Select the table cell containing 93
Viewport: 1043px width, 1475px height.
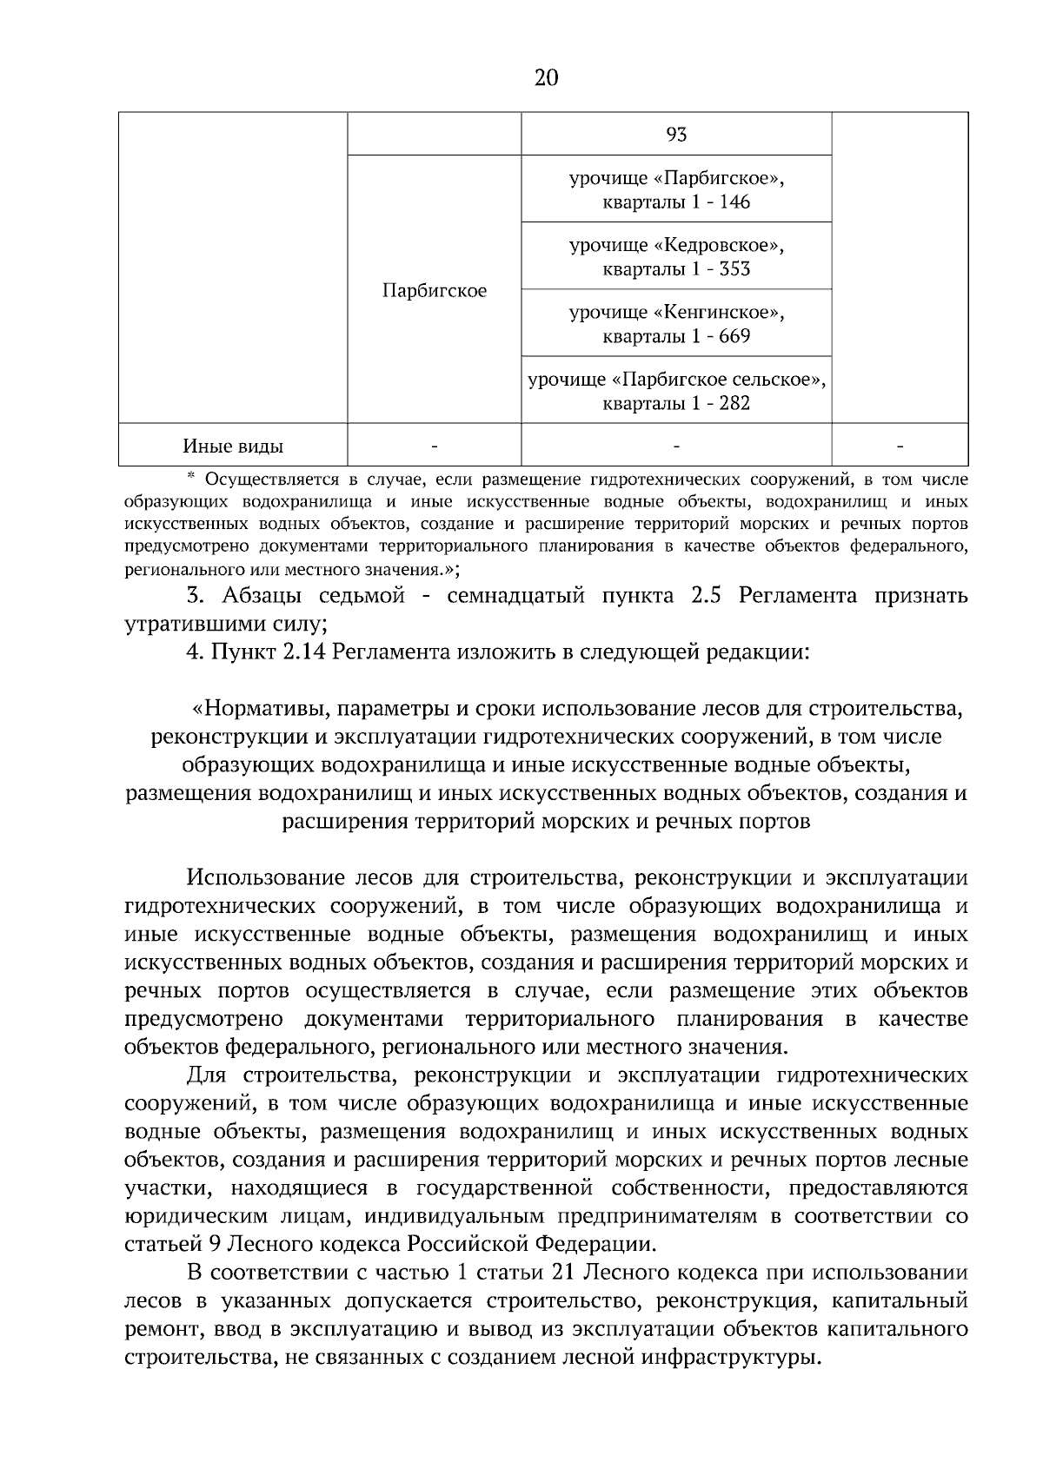pos(675,135)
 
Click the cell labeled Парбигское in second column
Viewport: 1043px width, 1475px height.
pos(434,290)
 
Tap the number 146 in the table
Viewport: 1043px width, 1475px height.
pos(734,202)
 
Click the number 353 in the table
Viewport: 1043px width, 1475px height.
pos(734,269)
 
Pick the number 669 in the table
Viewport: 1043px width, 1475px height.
pos(734,336)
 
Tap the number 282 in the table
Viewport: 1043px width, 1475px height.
pos(734,403)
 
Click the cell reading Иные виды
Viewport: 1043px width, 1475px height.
pos(233,446)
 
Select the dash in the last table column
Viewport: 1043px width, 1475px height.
pos(900,446)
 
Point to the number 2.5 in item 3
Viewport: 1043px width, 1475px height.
pos(708,596)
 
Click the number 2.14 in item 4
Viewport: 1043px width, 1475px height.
pos(303,652)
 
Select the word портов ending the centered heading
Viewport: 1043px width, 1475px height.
pos(774,821)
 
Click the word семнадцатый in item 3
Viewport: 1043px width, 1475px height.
pos(524,596)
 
